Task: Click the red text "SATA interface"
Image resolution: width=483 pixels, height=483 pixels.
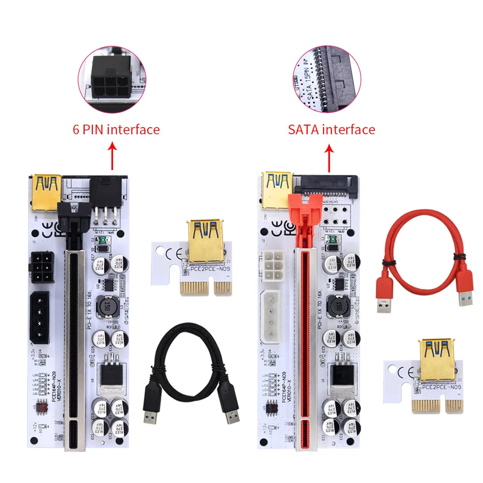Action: click(331, 129)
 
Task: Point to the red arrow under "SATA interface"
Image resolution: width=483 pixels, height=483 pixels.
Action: click(330, 158)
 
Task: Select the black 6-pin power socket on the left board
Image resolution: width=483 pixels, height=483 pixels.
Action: click(43, 269)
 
